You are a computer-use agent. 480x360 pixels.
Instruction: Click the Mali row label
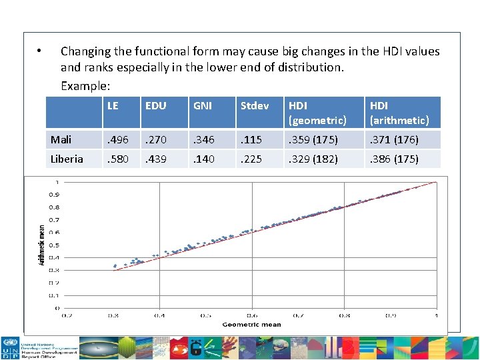click(61, 139)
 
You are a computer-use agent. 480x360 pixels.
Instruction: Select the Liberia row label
click(67, 159)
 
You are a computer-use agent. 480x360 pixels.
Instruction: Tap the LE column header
click(113, 105)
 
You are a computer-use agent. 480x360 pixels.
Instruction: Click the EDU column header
click(156, 105)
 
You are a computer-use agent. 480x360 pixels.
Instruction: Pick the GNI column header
click(202, 105)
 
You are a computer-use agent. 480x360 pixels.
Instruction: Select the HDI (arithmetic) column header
click(399, 113)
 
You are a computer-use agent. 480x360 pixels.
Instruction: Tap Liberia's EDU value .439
click(157, 159)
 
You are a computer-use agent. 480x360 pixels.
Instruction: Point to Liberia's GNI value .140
click(203, 159)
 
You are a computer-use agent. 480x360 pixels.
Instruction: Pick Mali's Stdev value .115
click(251, 139)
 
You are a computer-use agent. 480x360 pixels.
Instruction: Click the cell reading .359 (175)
click(313, 139)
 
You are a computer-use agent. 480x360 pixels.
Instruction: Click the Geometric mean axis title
click(251, 325)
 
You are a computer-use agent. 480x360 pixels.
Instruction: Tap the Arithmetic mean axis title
click(41, 245)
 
